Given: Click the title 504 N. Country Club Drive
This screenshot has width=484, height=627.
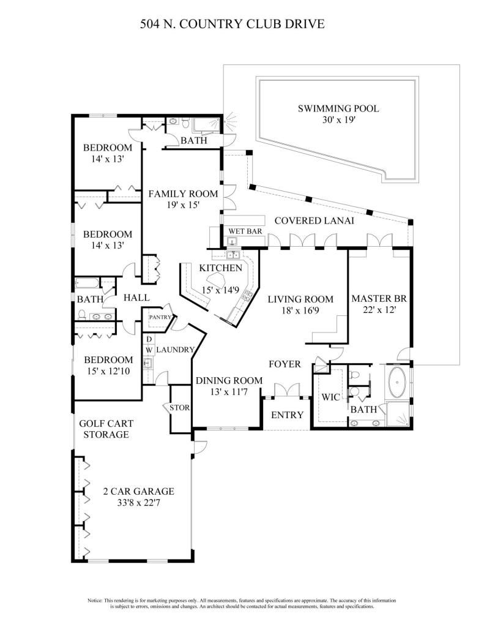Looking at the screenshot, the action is point(232,24).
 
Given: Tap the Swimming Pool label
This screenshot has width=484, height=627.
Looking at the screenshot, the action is point(338,109).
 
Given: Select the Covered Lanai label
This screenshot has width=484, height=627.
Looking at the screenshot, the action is point(314,220).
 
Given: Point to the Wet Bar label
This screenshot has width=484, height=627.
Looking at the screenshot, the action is point(241,231).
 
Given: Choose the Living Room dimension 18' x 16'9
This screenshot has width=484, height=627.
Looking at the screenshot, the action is point(300,310).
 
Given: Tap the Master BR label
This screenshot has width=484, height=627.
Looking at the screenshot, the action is point(379,299).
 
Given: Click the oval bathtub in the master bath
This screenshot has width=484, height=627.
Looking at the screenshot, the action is point(398,381).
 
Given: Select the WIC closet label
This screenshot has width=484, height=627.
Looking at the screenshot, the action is point(331,397).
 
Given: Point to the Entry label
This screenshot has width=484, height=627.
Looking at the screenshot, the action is point(287,415).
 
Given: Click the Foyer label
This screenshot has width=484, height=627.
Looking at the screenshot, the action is point(285,364).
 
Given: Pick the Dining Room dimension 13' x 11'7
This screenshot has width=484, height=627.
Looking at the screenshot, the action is point(229,391).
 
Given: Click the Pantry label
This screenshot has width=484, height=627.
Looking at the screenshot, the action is point(158,318).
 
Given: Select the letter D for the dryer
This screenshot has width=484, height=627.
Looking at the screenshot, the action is point(149,339).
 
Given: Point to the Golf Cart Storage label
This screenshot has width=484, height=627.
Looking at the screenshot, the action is point(106,429).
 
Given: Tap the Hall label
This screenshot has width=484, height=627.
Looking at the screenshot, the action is point(137,298).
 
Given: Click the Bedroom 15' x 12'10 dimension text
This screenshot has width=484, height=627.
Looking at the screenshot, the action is point(108,371).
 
